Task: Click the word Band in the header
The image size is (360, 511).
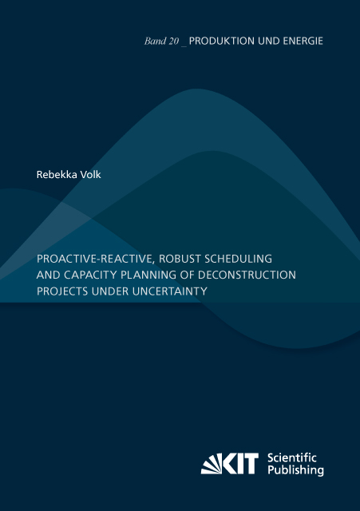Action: pos(144,41)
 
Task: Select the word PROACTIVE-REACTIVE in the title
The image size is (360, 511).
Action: pos(90,259)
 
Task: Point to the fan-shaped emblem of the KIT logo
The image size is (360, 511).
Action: pos(213,463)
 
